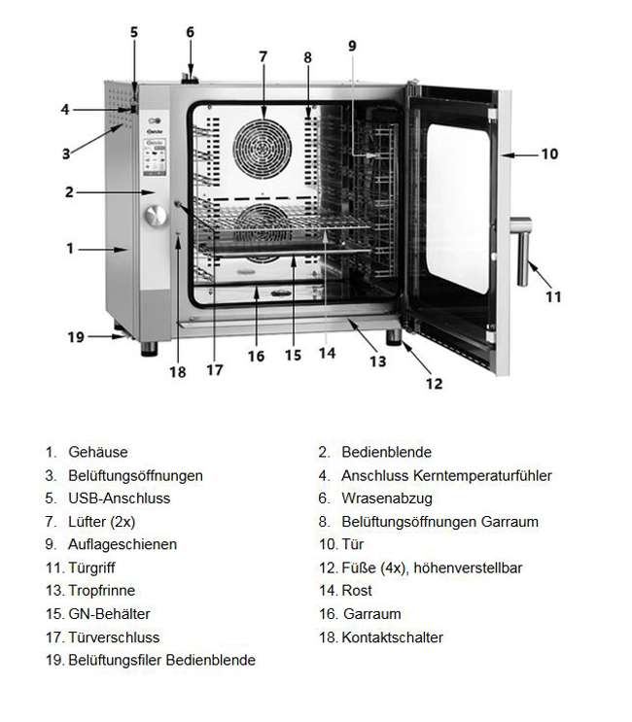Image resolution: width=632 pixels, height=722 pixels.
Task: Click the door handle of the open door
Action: point(524,252)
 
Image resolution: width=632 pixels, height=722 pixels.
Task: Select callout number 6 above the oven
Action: point(191,32)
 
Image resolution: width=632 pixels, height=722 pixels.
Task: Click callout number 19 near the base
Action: point(77,337)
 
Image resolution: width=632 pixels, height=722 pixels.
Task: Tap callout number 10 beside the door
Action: point(549,154)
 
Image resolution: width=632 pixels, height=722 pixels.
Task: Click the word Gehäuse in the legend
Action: point(97,452)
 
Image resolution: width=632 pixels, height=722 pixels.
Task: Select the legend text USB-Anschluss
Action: point(119,499)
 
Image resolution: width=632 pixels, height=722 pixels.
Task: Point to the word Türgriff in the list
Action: point(91,567)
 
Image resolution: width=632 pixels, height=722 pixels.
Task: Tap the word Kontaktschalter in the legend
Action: point(392,637)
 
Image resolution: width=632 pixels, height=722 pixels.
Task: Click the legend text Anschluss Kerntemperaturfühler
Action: point(446,475)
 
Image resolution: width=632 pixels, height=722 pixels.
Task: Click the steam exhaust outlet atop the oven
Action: point(191,74)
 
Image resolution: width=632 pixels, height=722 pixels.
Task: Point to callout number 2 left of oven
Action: point(69,192)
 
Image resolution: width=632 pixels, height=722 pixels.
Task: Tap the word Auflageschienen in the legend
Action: point(123,544)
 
